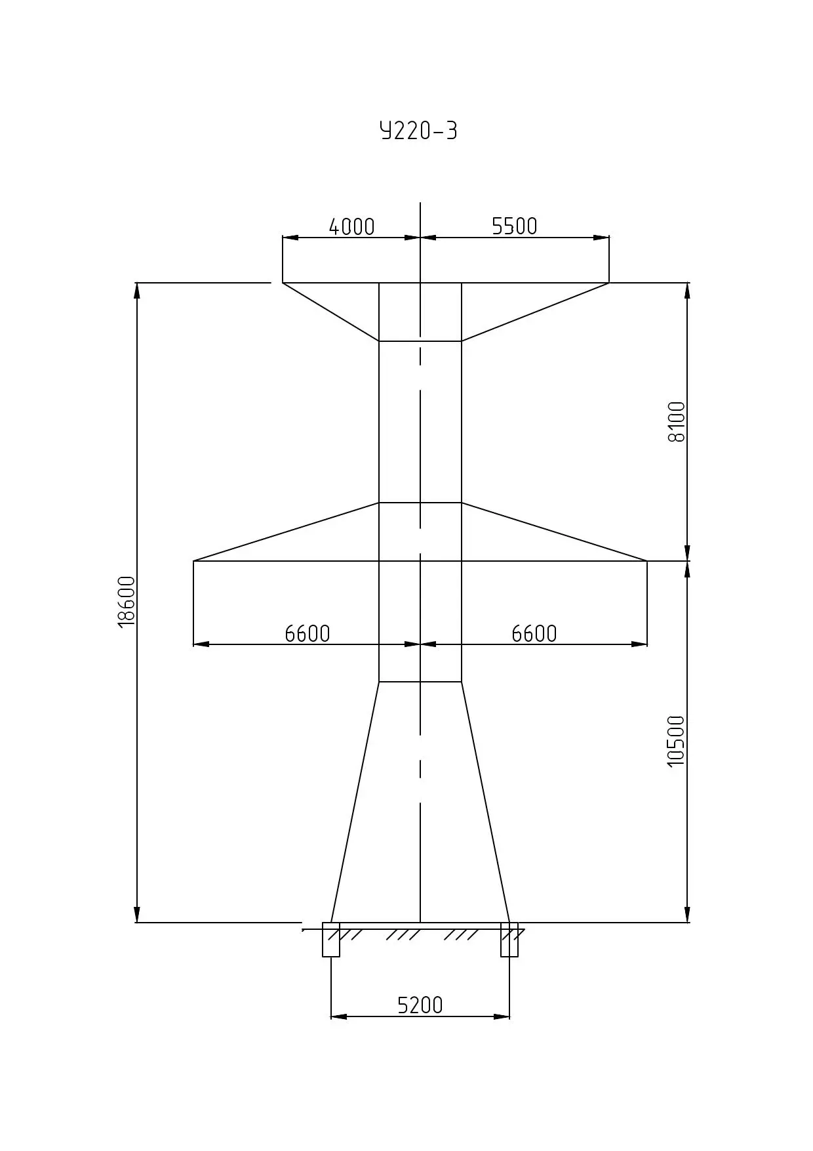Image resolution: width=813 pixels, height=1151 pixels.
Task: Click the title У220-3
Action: click(418, 131)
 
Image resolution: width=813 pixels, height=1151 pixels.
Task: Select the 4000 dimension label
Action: click(351, 226)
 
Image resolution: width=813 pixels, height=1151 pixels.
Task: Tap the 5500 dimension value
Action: click(515, 226)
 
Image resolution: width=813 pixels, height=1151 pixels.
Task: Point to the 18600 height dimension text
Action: click(127, 602)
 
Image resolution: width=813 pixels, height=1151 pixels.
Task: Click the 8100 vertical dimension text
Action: click(676, 422)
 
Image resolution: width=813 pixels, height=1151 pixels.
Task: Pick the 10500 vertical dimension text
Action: click(675, 742)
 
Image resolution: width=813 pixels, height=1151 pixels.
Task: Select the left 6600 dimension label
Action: click(307, 633)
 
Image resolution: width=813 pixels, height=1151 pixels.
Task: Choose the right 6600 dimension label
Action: click(534, 633)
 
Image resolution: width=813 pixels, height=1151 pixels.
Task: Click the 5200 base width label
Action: click(420, 1005)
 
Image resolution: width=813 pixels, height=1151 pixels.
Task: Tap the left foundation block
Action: click(331, 940)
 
